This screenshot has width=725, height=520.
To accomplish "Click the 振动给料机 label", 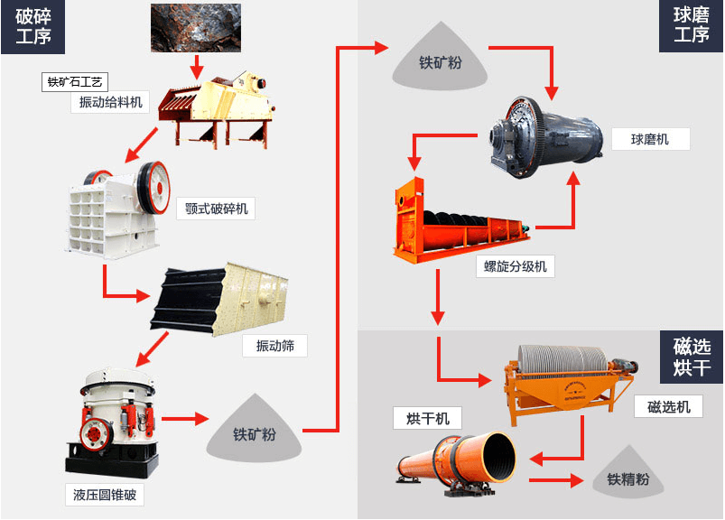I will (x=110, y=102).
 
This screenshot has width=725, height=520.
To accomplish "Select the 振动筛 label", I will (x=274, y=346).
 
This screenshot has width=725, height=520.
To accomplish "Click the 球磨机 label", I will (x=650, y=139).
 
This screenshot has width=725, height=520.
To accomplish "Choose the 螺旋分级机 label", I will (x=516, y=266).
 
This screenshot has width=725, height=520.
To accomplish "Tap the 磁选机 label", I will (x=669, y=407).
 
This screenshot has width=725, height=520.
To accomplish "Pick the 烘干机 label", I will (x=427, y=417).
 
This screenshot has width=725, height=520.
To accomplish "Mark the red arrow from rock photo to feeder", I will (x=196, y=66).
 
